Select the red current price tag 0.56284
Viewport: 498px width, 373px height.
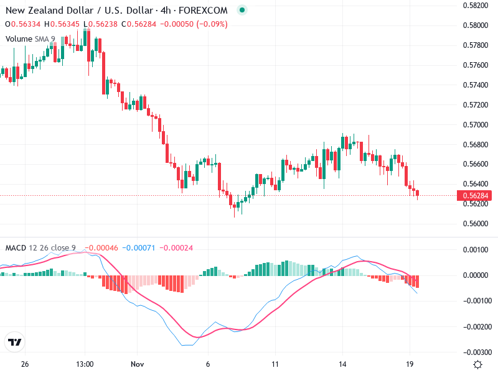pos(476,196)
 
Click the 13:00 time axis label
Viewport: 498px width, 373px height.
pos(85,364)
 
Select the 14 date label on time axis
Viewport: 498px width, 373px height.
pos(342,364)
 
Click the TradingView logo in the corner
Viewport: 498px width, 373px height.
pos(14,343)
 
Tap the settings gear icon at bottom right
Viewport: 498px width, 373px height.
pos(477,364)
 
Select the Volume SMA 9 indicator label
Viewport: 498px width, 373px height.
pos(31,39)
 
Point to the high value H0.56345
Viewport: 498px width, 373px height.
pos(62,24)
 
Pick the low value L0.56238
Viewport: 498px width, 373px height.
pos(100,24)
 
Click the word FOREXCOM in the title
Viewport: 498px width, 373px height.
pos(206,10)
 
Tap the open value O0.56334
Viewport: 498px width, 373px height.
pos(22,24)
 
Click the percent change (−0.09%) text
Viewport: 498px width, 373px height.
pos(212,24)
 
